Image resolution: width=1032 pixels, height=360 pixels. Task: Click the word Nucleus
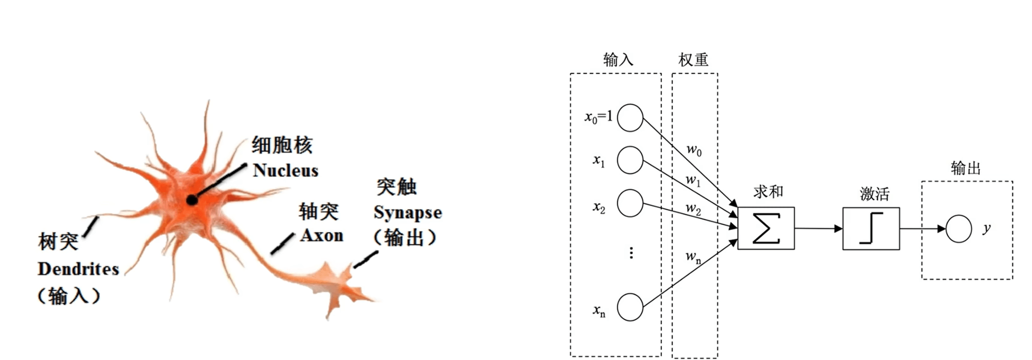coord(286,171)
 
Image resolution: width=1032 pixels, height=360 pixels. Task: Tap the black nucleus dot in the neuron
coord(192,200)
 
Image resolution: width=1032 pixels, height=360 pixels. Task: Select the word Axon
coord(322,235)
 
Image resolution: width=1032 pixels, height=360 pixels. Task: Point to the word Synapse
coord(407,213)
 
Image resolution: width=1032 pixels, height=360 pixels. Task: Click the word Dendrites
coord(78,269)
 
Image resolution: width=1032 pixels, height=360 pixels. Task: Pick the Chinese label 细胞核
coord(282,145)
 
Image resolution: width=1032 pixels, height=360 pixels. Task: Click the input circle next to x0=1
coord(630,118)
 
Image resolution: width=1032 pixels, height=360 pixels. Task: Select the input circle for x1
coord(630,160)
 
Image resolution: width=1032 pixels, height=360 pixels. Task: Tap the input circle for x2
coord(630,203)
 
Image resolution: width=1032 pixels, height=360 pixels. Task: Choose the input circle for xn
coord(630,307)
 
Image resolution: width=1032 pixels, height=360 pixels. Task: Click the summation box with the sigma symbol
coord(765,228)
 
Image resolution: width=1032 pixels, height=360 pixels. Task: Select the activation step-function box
coord(871,229)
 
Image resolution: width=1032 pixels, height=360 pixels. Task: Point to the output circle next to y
coord(958,229)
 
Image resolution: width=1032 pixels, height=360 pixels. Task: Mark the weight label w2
coord(693,208)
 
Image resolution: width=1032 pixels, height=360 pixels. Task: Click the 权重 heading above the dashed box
coord(693,60)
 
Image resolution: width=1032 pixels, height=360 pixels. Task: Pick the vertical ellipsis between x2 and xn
coord(631,253)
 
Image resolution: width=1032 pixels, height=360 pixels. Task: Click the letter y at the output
coord(986,228)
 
